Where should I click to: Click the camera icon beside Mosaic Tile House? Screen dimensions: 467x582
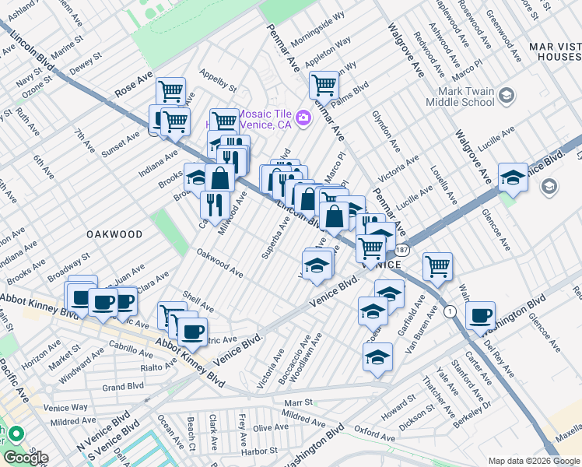(x=303, y=118)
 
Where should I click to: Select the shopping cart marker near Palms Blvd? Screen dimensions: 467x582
(x=324, y=84)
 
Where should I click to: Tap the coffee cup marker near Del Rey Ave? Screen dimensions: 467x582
(x=481, y=315)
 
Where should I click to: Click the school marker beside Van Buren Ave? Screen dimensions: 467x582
(x=377, y=356)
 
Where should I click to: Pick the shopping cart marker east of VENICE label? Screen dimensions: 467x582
(x=438, y=266)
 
